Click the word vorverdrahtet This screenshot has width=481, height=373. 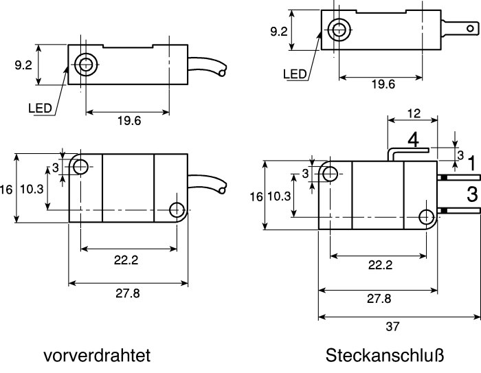click(97, 356)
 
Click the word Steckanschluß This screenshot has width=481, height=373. click(385, 356)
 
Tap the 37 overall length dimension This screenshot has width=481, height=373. click(392, 327)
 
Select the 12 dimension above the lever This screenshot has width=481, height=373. click(414, 113)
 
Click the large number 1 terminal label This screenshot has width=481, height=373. click(473, 163)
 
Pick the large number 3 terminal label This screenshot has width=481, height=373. click(472, 194)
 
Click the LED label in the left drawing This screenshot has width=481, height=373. click(40, 109)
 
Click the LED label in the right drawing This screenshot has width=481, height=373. click(295, 74)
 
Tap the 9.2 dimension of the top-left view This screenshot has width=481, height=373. click(23, 65)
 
